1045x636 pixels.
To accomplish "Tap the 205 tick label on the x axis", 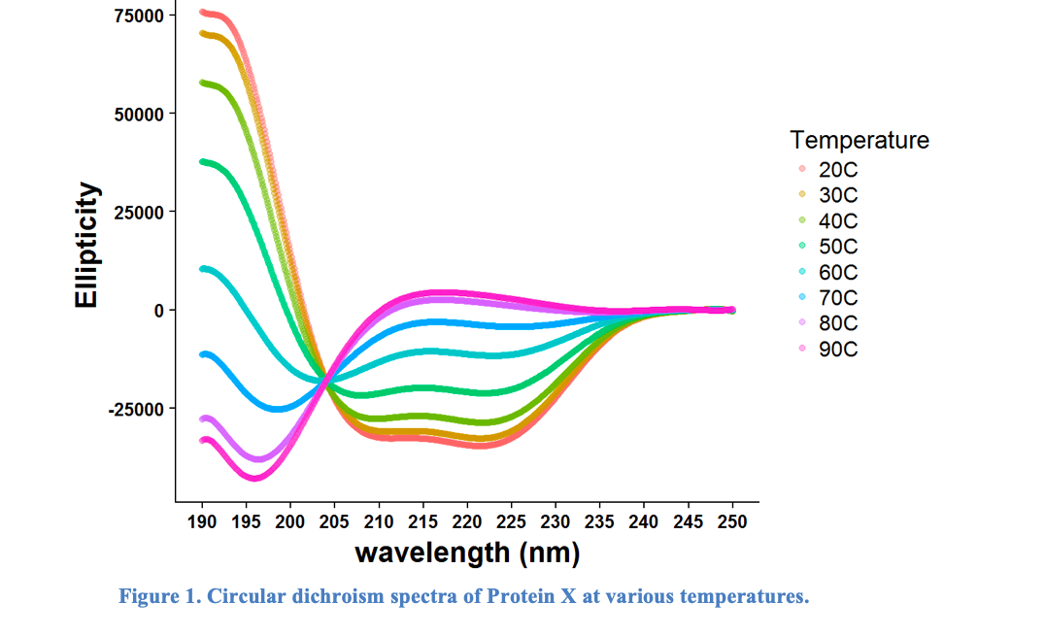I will (335, 522).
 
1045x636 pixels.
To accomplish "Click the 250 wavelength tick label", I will (732, 522).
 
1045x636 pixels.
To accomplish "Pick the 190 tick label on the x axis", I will (202, 522).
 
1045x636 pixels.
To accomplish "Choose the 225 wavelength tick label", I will (512, 522).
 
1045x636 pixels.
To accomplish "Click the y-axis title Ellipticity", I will (87, 245).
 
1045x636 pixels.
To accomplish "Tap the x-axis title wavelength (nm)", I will (467, 552).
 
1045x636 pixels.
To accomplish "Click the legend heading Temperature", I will (860, 140).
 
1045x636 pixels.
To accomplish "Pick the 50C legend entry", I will (838, 247).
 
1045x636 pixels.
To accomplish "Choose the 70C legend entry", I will (838, 298).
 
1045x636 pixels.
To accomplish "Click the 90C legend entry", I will (838, 350).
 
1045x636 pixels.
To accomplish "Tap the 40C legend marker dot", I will (802, 221).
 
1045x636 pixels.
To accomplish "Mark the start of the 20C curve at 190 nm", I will (203, 13).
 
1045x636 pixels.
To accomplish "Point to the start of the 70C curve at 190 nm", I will (203, 354).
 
